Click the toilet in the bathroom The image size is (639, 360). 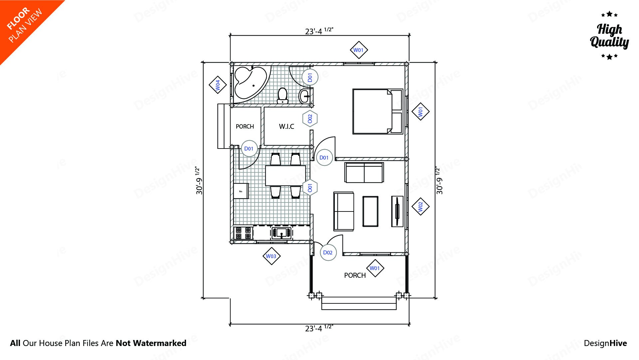(x=283, y=95)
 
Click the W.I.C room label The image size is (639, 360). (x=287, y=127)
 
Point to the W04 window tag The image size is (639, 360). (x=218, y=85)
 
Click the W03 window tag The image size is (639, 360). (x=271, y=256)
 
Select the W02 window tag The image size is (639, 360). (x=420, y=206)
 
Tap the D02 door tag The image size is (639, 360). (x=328, y=252)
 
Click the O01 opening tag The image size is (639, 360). (x=310, y=188)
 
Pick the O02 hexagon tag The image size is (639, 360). (x=310, y=119)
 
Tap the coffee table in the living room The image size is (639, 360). (x=370, y=211)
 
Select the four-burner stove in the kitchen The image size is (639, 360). (x=243, y=233)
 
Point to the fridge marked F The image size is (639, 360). (x=241, y=191)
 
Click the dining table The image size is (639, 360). (x=285, y=176)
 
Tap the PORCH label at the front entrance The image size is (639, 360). (x=355, y=275)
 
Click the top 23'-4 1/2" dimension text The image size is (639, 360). (x=319, y=31)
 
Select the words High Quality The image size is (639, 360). (x=609, y=36)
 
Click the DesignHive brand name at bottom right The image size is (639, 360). (x=605, y=343)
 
